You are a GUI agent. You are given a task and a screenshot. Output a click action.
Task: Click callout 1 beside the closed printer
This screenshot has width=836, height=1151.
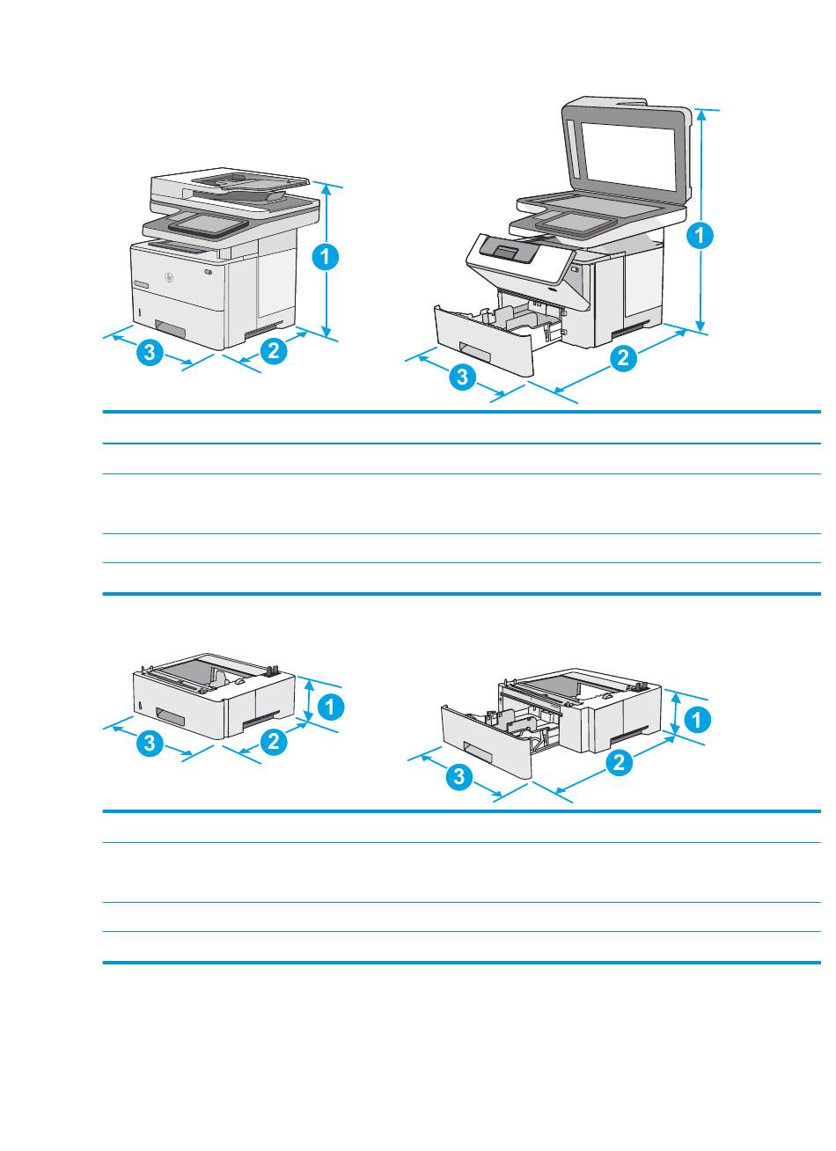point(325,257)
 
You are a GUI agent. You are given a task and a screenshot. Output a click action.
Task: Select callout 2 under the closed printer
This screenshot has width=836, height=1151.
point(273,350)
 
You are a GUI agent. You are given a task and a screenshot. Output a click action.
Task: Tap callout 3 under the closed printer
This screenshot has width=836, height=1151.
point(150,354)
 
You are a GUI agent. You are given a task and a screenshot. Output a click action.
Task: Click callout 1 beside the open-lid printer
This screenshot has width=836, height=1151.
point(700,235)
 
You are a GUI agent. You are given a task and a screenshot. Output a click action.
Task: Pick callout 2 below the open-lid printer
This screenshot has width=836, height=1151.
point(623,358)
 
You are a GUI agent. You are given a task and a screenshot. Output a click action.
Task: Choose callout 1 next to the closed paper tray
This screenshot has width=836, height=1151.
point(331,706)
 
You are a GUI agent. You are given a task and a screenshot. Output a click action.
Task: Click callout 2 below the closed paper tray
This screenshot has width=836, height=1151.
point(273,742)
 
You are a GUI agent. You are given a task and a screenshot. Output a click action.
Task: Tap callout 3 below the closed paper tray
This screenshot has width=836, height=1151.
point(150,744)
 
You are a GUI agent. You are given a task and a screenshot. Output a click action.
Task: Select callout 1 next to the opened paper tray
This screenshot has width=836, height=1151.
point(695,721)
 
